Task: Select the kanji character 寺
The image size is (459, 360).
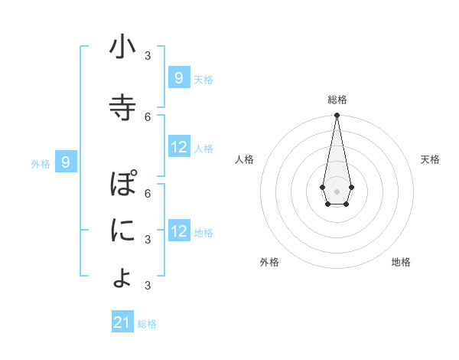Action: pos(122,107)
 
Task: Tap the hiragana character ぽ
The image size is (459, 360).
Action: pos(122,185)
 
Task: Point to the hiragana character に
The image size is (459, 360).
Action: pos(122,229)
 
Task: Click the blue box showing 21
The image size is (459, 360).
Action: pos(122,322)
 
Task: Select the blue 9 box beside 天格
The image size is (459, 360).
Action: pos(179,78)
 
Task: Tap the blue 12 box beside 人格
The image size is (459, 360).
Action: pos(179,147)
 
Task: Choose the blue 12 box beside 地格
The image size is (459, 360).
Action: pos(179,231)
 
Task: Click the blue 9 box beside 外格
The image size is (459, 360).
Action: pos(66,162)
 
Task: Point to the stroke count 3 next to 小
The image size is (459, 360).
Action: pos(148,55)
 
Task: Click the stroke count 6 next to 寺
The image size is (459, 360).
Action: pos(148,116)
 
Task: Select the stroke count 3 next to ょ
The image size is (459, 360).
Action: pos(148,285)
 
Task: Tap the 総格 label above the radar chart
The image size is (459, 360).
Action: pos(337,100)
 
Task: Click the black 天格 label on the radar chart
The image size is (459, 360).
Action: pos(430,159)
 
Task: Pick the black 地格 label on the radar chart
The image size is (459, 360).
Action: pos(401,262)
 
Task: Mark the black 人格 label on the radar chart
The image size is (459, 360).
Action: pos(244,159)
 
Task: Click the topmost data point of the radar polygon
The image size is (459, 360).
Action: pos(337,116)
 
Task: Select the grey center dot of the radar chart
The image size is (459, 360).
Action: pos(337,191)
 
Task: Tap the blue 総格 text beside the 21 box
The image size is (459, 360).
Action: pos(147,324)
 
